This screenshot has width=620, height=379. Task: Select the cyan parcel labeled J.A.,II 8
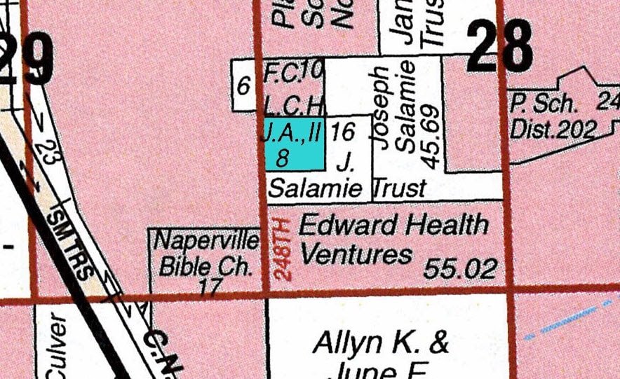point(294,144)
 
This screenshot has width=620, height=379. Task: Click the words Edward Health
point(393,226)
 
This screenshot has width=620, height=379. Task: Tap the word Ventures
point(356,254)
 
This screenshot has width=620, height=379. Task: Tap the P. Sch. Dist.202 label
point(553,117)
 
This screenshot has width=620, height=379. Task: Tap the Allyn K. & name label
point(381,343)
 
